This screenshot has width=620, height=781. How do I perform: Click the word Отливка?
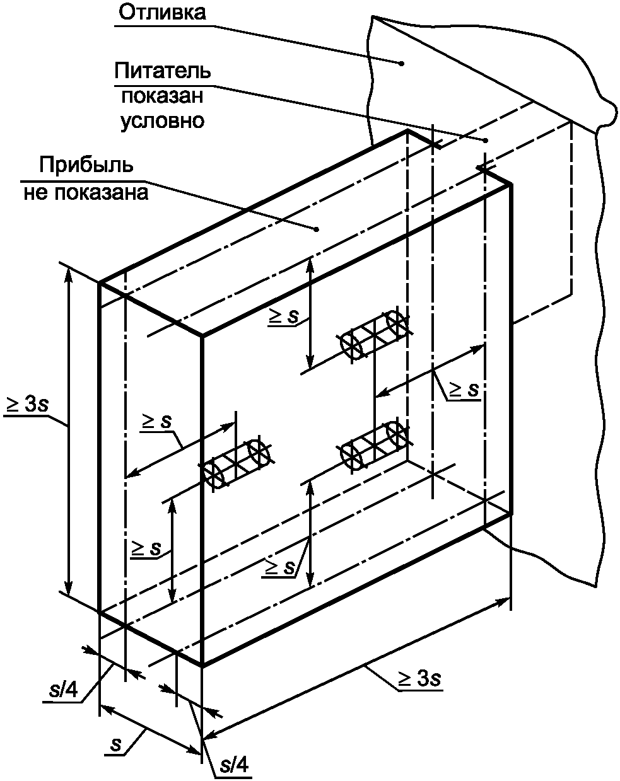tap(162, 13)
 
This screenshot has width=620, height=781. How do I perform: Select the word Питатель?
tap(162, 71)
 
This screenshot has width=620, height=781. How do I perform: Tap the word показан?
tap(162, 96)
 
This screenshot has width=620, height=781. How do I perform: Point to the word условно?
tap(162, 121)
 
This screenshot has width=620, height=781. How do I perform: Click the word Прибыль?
tap(86, 166)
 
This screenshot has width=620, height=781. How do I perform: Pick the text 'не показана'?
tap(86, 192)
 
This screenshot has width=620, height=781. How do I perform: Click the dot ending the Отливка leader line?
tap(402, 64)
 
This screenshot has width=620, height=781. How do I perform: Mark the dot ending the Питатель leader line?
tap(486, 141)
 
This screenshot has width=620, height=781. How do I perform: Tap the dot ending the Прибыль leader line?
tap(317, 229)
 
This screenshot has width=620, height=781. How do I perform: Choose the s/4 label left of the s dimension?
tap(64, 690)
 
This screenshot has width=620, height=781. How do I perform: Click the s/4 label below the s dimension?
tap(235, 765)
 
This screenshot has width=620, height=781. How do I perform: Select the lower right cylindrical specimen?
tap(375, 447)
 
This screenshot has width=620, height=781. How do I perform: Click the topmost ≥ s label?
tap(283, 316)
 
